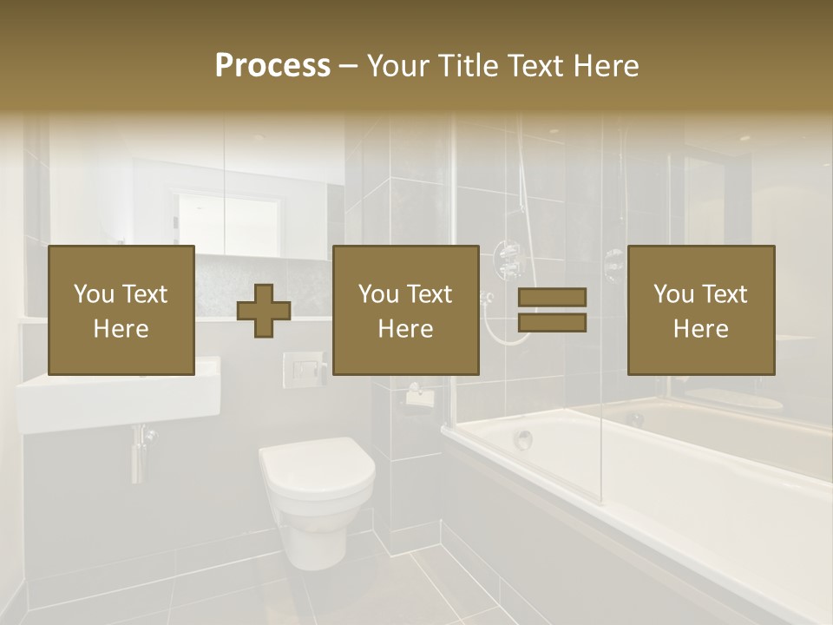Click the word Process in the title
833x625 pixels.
click(x=272, y=66)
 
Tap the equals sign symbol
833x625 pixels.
click(x=552, y=310)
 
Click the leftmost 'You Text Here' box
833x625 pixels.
click(x=121, y=310)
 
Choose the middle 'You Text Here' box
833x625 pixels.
click(x=405, y=310)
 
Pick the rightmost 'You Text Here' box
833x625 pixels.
click(x=700, y=310)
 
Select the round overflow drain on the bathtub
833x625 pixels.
click(x=522, y=439)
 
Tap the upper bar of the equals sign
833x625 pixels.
click(x=552, y=297)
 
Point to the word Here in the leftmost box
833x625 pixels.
click(x=121, y=328)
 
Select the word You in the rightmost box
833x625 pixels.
click(x=672, y=294)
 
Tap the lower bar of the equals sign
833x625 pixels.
click(x=552, y=323)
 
